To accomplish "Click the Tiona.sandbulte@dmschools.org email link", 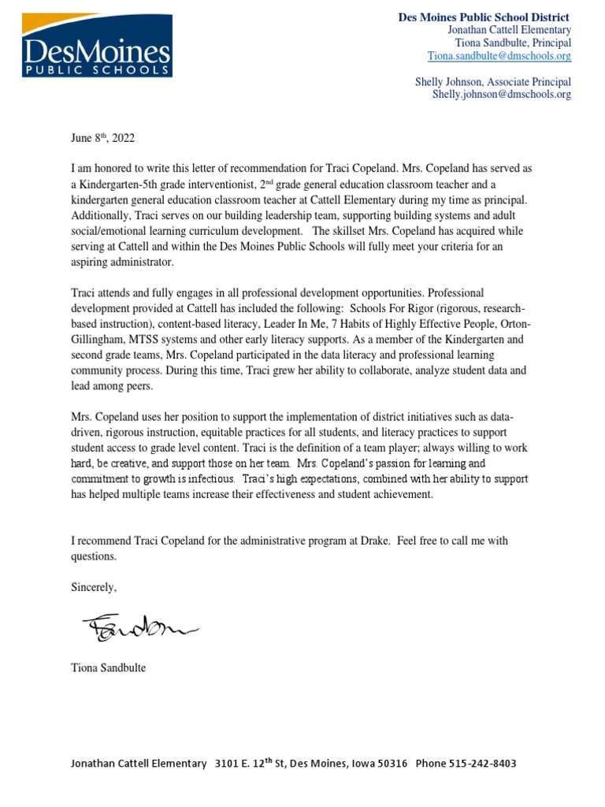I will [x=499, y=56].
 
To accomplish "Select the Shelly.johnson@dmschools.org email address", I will [x=502, y=94].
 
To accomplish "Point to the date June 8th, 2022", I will [x=102, y=138].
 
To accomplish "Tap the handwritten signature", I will [x=139, y=627].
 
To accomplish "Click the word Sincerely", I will [x=94, y=587].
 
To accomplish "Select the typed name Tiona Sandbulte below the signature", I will [x=108, y=668].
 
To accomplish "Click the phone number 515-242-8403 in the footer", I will [x=480, y=764].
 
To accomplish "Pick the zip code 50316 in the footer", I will [x=391, y=764].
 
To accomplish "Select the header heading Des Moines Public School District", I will [x=483, y=17].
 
